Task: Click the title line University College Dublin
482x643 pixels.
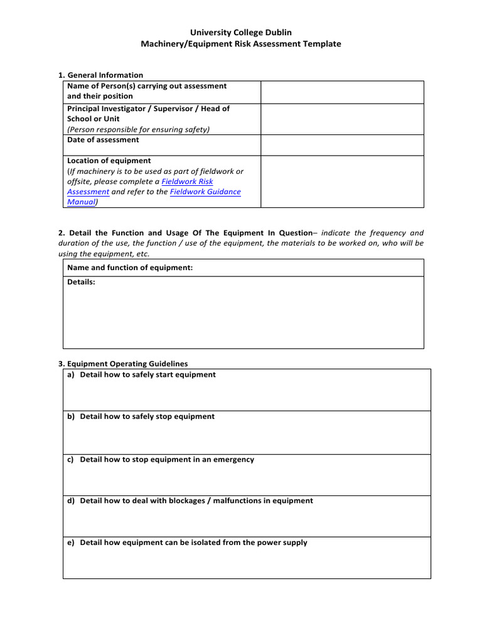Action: pyautogui.click(x=241, y=32)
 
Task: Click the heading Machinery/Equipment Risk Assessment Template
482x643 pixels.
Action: pyautogui.click(x=241, y=44)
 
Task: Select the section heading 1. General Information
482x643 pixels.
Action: pyautogui.click(x=100, y=75)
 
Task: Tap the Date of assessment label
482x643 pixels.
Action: pyautogui.click(x=103, y=140)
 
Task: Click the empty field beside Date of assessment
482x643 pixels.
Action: pyautogui.click(x=342, y=145)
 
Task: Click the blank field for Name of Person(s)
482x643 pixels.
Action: pyautogui.click(x=342, y=92)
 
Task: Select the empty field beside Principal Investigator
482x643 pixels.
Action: pyautogui.click(x=342, y=119)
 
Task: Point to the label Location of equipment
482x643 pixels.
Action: pyautogui.click(x=109, y=161)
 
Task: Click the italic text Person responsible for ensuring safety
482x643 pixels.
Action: pyautogui.click(x=139, y=129)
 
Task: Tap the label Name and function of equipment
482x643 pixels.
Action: pyautogui.click(x=130, y=268)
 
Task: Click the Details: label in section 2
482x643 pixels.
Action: pyautogui.click(x=81, y=283)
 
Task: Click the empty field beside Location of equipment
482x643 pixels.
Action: pyautogui.click(x=342, y=181)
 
